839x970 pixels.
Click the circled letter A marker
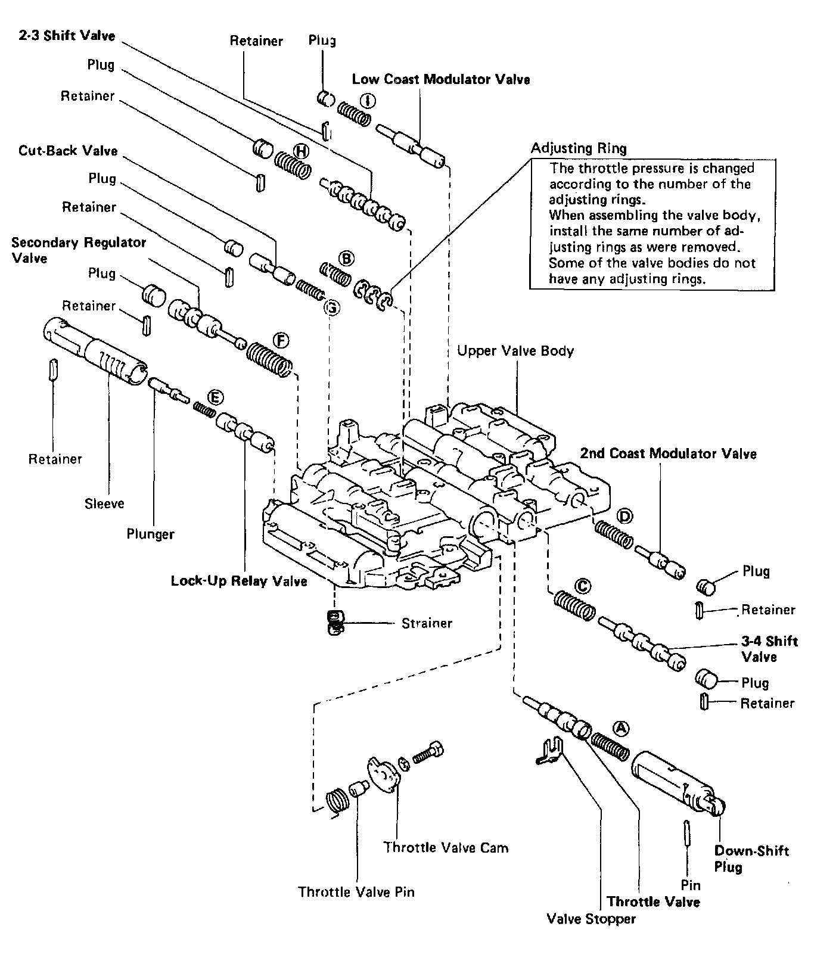621,727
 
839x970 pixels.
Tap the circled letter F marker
281,340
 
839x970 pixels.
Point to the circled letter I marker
367,101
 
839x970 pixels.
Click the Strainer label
427,623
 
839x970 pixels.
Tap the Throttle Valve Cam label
446,847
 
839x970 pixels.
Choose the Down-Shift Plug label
751,859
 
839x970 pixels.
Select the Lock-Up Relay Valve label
239,581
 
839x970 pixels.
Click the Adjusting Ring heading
579,148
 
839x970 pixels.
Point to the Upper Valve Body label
515,350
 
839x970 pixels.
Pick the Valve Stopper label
591,919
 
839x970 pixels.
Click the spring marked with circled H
293,163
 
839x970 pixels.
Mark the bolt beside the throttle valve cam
428,753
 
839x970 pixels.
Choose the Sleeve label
104,503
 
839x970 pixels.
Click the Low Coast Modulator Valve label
441,79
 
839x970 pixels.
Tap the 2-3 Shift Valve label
67,36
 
